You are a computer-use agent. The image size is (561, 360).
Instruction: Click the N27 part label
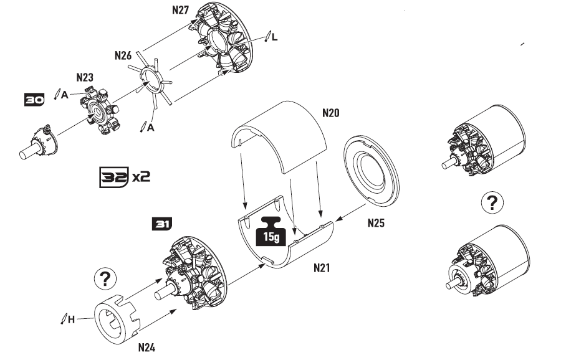coord(180,10)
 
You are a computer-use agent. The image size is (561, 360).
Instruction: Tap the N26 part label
coord(123,55)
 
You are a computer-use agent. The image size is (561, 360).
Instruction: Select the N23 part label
coord(85,77)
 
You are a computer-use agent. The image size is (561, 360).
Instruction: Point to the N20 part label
coord(330,113)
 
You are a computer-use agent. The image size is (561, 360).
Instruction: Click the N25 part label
coord(376,223)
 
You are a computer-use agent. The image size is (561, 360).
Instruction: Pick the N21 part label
coord(322,268)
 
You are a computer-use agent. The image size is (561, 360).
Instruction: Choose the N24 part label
coord(146,348)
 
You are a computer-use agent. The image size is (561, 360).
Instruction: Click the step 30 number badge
coord(34,100)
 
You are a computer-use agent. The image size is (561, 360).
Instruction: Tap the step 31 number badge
coord(161,224)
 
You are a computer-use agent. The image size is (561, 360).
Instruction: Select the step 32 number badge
coord(114,178)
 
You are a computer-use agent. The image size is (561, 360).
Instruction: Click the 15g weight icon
coord(271,231)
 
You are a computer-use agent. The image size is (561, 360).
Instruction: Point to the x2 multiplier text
coord(141,177)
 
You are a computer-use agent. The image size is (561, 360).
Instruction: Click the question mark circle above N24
coord(105,279)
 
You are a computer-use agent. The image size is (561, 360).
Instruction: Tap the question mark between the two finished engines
coord(492,202)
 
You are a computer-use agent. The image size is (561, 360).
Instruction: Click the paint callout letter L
coord(274,37)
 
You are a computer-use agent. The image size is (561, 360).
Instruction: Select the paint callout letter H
coord(71,320)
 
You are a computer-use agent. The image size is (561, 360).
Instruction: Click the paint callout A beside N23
coord(64,95)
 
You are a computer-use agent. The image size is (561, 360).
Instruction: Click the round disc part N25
coord(372,171)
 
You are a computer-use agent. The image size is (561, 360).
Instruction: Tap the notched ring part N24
coord(118,320)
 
